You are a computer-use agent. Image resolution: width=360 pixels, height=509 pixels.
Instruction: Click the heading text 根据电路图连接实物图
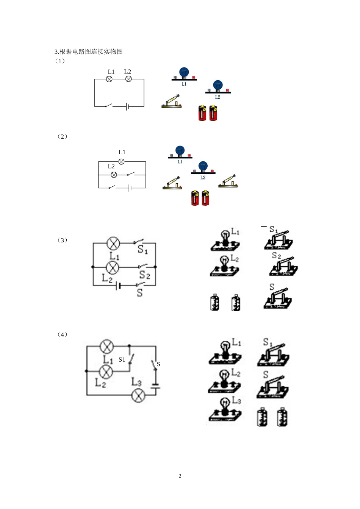[x=91, y=52]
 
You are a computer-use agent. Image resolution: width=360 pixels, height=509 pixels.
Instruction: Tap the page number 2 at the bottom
[x=180, y=476]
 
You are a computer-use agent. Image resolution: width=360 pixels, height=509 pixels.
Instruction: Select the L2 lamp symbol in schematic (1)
[x=128, y=79]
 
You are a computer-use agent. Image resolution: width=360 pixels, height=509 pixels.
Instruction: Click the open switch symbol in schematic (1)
[x=109, y=105]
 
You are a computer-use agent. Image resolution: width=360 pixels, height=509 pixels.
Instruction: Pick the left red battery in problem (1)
[x=202, y=113]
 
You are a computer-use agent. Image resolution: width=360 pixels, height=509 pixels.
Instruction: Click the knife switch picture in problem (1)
[x=172, y=102]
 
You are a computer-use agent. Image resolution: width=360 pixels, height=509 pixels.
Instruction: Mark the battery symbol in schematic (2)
[x=130, y=188]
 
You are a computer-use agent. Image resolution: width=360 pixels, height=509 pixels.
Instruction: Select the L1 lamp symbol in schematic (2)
[x=122, y=162]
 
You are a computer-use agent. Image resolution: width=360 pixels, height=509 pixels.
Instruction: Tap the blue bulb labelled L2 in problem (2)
[x=203, y=167]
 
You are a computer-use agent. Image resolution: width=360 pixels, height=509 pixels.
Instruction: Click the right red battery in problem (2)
[x=205, y=198]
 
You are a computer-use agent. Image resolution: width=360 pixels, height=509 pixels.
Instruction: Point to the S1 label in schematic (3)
[x=142, y=250]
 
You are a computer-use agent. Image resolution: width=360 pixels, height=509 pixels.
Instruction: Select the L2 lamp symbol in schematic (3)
[x=112, y=267]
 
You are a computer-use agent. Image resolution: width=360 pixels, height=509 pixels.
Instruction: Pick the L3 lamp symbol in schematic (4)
[x=138, y=395]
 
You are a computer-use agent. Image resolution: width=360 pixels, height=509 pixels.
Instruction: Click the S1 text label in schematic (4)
[x=122, y=359]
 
